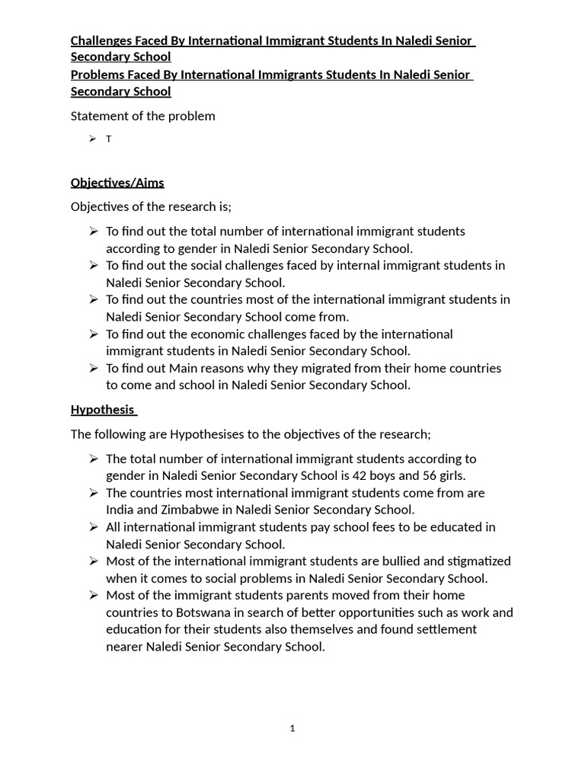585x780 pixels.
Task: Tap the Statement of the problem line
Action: coord(143,116)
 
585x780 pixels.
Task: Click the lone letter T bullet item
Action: coord(109,139)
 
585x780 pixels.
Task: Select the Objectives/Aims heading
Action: coord(117,183)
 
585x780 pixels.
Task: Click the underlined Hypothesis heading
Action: coord(102,409)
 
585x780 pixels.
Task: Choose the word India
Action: coord(120,510)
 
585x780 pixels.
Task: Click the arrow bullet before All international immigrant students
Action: coord(93,527)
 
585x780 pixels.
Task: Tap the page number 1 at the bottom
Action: coord(292,729)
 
